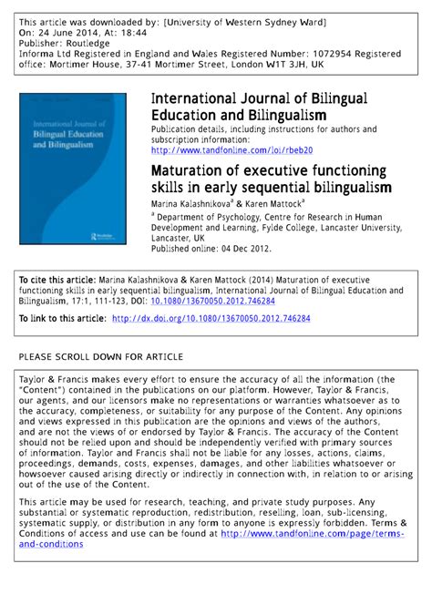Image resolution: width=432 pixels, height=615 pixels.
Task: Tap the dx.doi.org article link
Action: (211, 318)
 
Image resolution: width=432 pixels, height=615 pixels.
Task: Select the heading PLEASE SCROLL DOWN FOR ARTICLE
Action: (101, 355)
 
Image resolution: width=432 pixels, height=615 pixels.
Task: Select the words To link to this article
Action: (60, 318)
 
